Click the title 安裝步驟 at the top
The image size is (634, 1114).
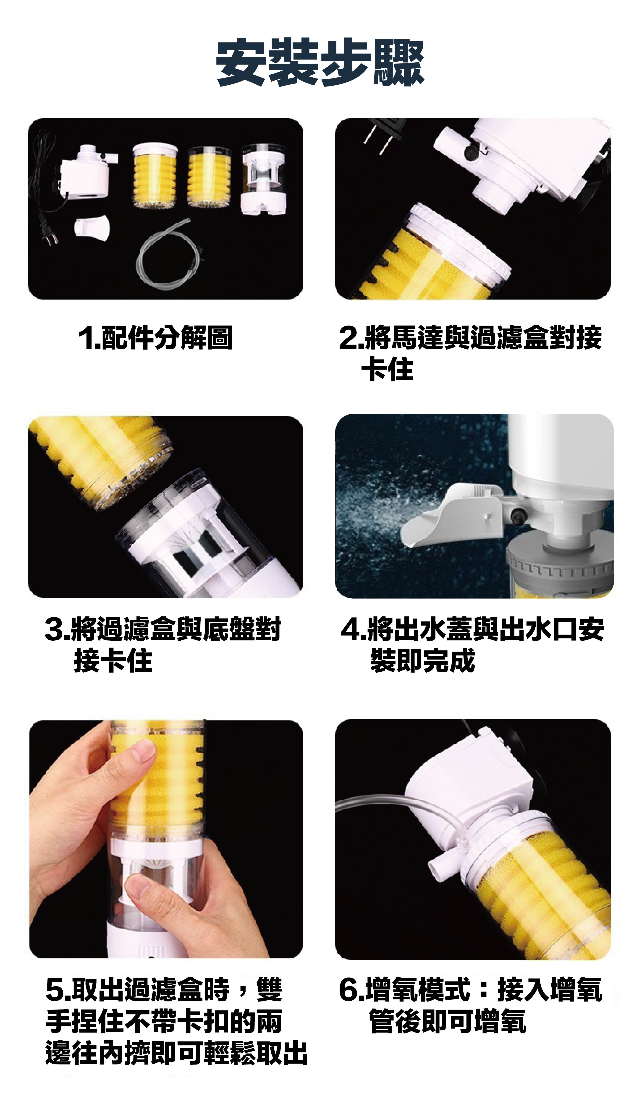click(320, 63)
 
